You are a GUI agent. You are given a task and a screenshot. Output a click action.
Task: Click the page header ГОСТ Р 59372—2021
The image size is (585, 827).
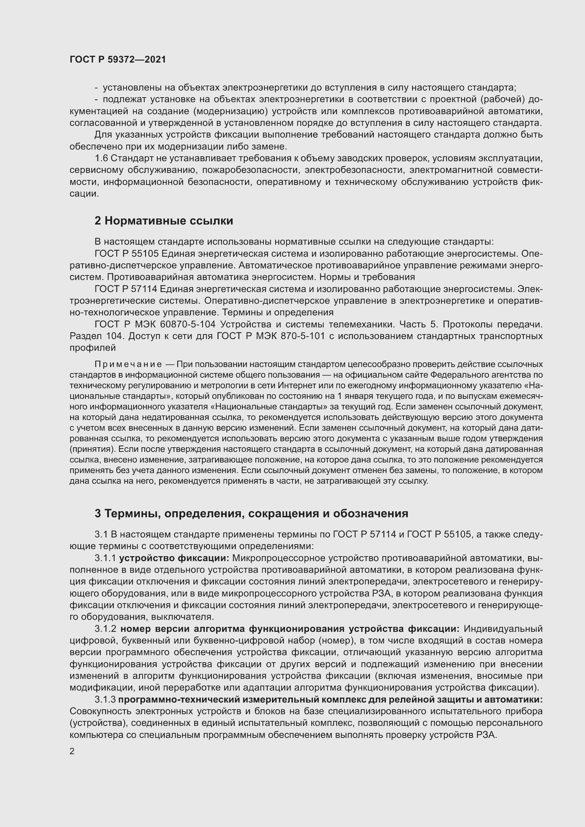[x=118, y=59]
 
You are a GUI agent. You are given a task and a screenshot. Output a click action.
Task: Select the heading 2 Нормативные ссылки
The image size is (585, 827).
[x=163, y=220]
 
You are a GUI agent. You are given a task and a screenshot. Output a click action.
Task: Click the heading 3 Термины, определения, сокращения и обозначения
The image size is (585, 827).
[x=251, y=513]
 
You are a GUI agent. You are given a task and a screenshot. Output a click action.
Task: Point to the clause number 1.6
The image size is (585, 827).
[x=101, y=158]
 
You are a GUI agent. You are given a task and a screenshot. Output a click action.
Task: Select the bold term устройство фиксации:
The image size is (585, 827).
[x=174, y=558]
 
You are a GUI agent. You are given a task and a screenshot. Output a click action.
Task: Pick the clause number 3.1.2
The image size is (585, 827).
[x=105, y=629]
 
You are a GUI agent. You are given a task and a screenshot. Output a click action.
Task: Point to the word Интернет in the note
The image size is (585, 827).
[x=292, y=385]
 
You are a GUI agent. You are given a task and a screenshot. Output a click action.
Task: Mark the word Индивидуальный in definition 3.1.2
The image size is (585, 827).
[x=503, y=629]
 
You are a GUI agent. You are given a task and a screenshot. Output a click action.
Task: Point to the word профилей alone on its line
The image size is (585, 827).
[x=93, y=348]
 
